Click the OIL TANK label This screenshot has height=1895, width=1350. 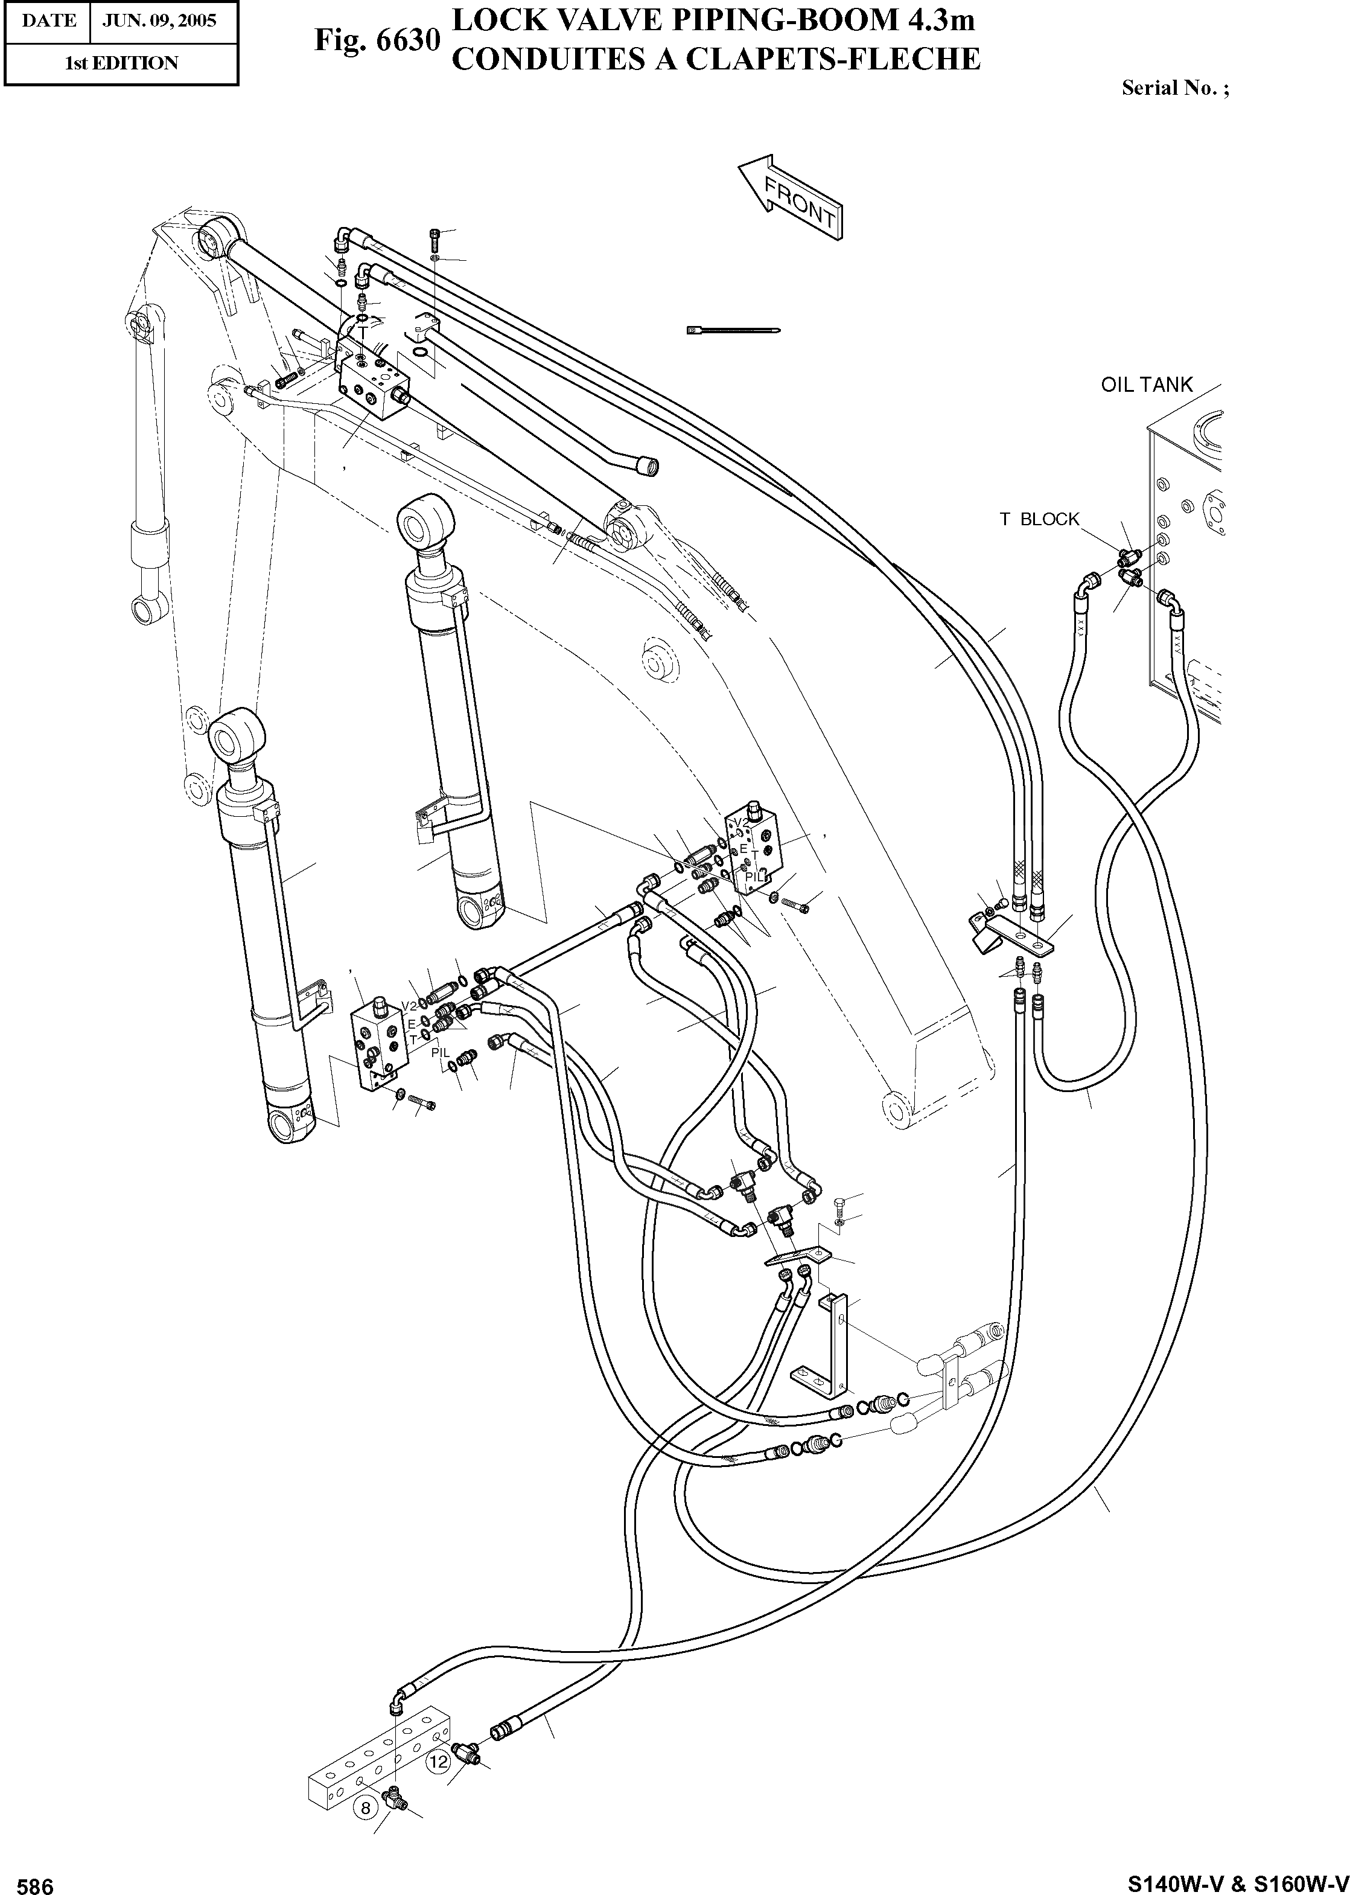coord(1147,385)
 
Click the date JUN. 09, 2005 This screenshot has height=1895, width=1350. coord(158,21)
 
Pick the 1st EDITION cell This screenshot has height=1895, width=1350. coord(121,63)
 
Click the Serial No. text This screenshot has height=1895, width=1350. coord(1174,88)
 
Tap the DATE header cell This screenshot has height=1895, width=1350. coord(48,21)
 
